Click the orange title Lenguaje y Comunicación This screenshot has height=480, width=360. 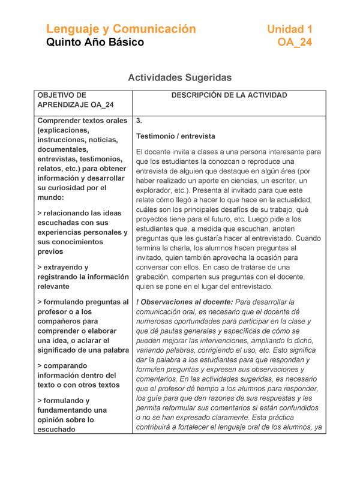coord(121,29)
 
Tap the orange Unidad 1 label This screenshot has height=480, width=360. coord(290,29)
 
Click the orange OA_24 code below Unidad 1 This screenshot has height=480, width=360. coord(295,43)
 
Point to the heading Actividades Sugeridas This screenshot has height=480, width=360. coord(180,77)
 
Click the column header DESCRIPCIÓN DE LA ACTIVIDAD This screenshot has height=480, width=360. coord(229,95)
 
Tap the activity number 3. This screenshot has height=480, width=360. coord(139,121)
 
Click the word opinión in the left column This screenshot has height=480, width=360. coord(53,419)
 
